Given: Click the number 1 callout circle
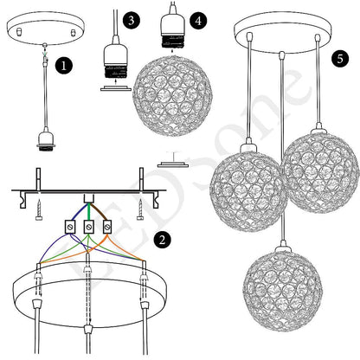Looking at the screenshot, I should pyautogui.click(x=62, y=63).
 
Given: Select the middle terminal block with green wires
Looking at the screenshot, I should pyautogui.click(x=87, y=228).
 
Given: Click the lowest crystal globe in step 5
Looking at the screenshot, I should pyautogui.click(x=280, y=293).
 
